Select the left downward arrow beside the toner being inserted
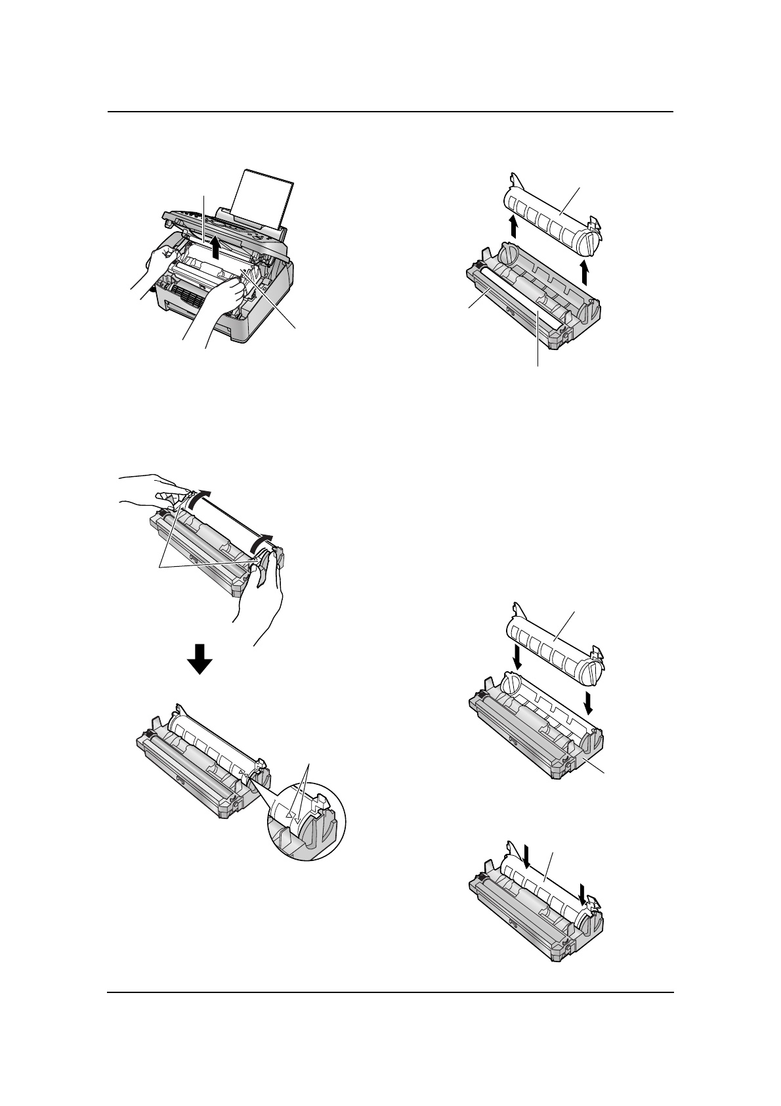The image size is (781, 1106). point(517,655)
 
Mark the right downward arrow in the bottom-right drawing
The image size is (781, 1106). point(582,892)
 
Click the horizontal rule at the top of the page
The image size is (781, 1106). point(390,112)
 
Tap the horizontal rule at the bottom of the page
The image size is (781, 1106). point(390,992)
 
